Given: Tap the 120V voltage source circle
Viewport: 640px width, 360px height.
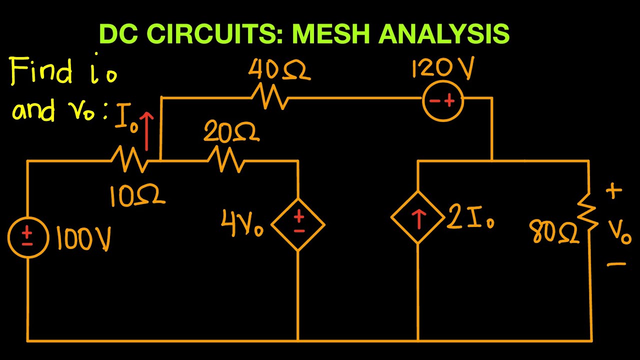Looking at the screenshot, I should [x=443, y=101].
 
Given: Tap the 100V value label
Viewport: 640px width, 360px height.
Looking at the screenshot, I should [x=83, y=239].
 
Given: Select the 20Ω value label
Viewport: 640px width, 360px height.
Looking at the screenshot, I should [x=231, y=132].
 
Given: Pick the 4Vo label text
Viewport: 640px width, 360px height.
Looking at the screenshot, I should [x=242, y=225].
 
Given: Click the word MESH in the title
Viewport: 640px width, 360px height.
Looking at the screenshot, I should [x=332, y=34].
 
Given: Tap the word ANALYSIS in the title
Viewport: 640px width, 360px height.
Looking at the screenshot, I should [x=444, y=34].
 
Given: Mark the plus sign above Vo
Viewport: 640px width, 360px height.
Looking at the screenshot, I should [x=614, y=191].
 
